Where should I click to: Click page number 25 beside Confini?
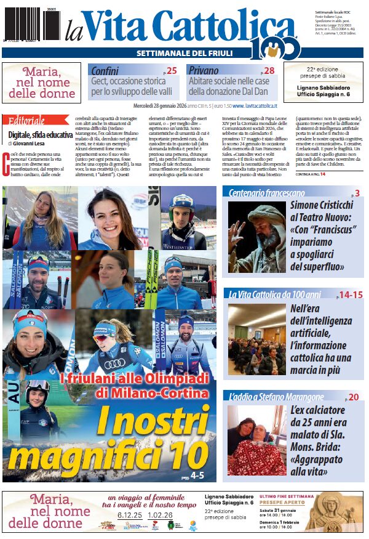pyautogui.click(x=172, y=71)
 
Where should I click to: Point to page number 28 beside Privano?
pyautogui.click(x=269, y=71)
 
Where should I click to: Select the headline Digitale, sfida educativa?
pyautogui.click(x=40, y=134)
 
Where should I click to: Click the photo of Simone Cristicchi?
pyautogui.click(x=256, y=237)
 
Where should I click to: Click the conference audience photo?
pyautogui.click(x=256, y=339)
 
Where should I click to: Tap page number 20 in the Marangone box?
pyautogui.click(x=353, y=397)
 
